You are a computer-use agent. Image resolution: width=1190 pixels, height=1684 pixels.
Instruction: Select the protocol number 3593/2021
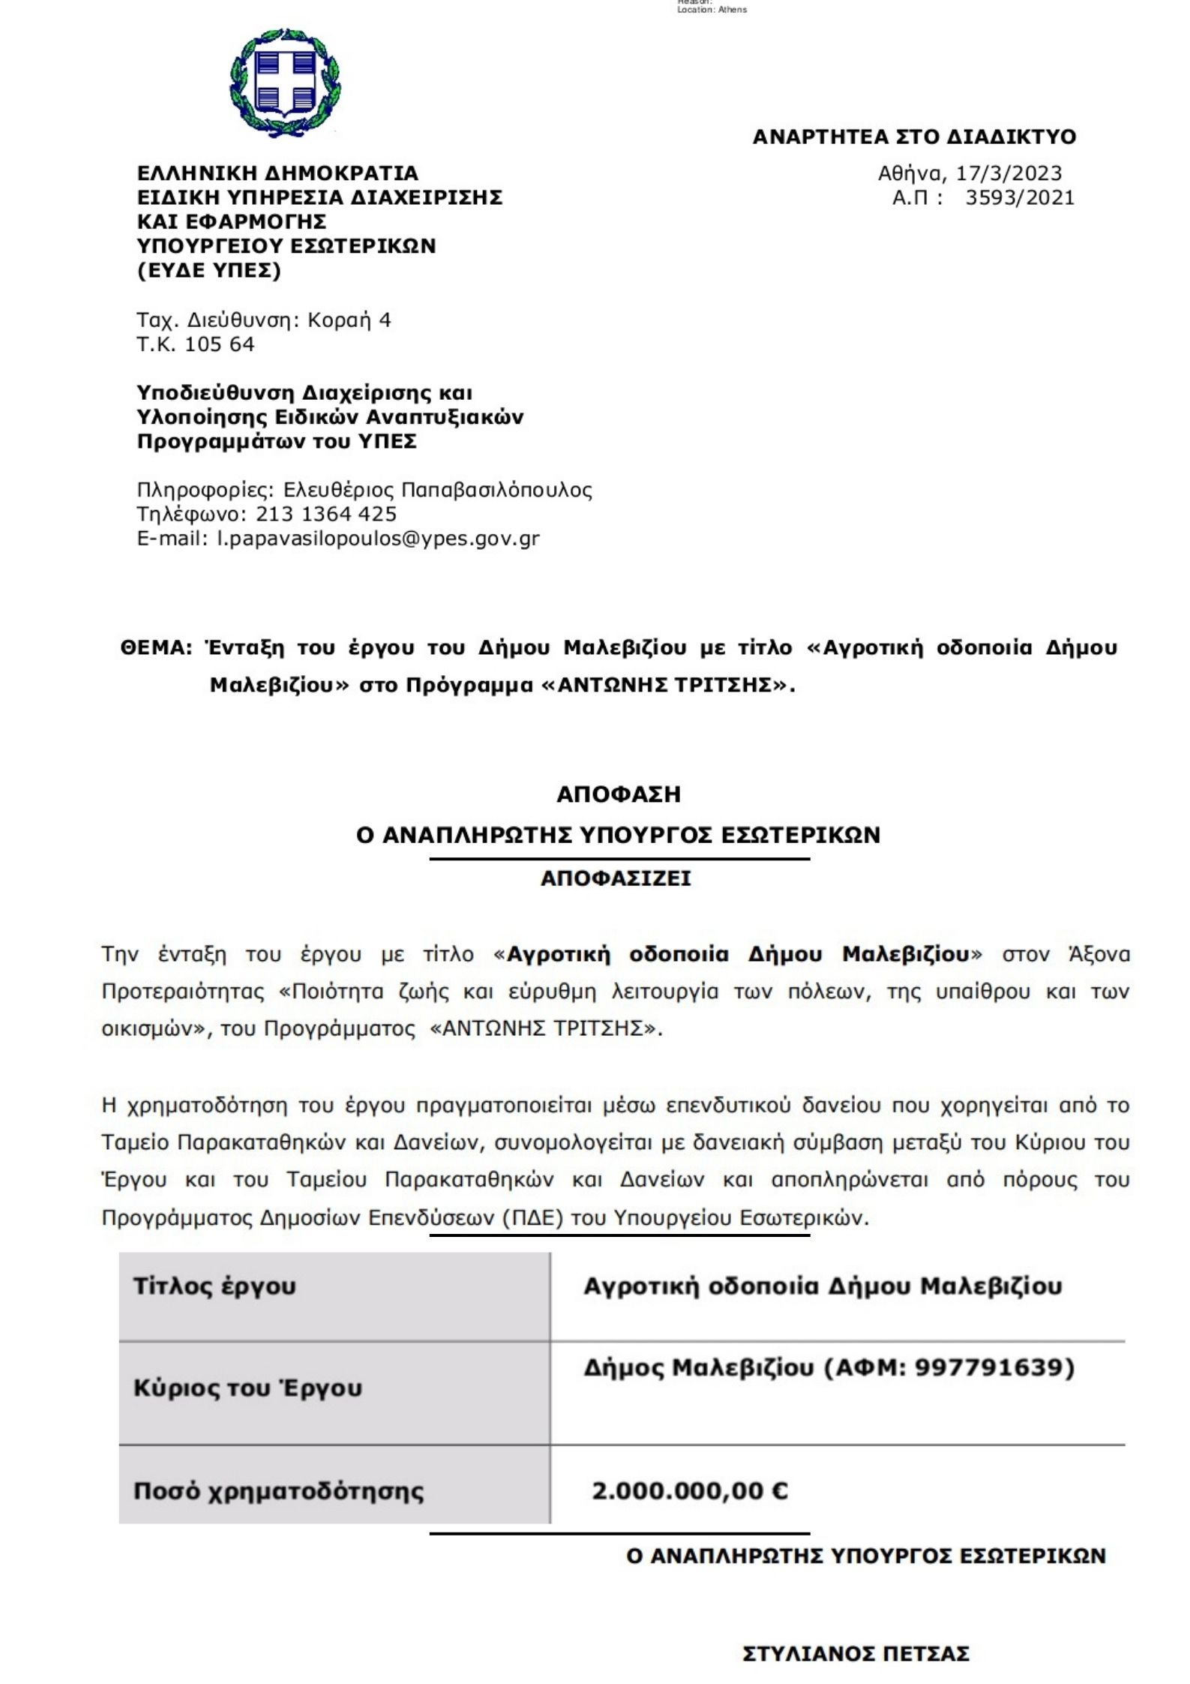pyautogui.click(x=1020, y=198)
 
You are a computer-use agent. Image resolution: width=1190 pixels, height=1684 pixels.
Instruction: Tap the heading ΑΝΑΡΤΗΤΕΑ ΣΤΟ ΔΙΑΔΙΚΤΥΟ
pyautogui.click(x=914, y=137)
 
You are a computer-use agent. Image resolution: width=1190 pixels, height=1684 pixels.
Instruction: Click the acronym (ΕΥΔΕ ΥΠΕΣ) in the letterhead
pyautogui.click(x=209, y=270)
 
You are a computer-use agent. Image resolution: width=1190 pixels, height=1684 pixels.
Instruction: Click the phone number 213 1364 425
pyautogui.click(x=326, y=514)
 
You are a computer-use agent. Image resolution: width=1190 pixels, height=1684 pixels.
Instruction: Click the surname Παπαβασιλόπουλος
pyautogui.click(x=496, y=490)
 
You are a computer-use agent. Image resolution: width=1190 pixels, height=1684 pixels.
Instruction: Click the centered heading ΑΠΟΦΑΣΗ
pyautogui.click(x=619, y=794)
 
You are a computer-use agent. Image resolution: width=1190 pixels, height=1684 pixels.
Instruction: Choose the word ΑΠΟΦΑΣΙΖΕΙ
pyautogui.click(x=616, y=878)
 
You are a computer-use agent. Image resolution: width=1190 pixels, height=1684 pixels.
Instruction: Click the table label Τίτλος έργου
pyautogui.click(x=214, y=1286)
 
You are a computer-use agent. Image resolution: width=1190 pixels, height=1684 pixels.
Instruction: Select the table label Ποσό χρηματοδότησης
pyautogui.click(x=278, y=1490)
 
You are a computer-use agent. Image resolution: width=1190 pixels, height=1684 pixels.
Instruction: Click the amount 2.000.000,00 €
pyautogui.click(x=690, y=1490)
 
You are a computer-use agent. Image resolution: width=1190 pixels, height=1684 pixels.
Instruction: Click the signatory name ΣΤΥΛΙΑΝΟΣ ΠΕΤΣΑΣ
pyautogui.click(x=856, y=1654)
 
